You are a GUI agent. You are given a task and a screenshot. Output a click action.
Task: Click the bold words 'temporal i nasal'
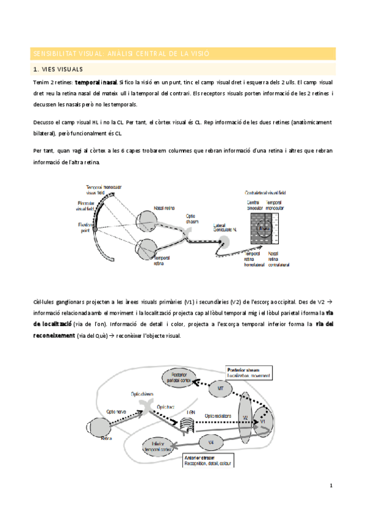96,82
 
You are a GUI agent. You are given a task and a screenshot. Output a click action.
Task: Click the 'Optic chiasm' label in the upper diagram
194,218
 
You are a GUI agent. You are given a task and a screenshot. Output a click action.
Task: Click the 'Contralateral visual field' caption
265,192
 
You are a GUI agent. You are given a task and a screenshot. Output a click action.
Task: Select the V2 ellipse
245,418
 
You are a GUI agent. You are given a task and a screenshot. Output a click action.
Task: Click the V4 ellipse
210,441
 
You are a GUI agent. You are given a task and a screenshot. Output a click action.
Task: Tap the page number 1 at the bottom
330,486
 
